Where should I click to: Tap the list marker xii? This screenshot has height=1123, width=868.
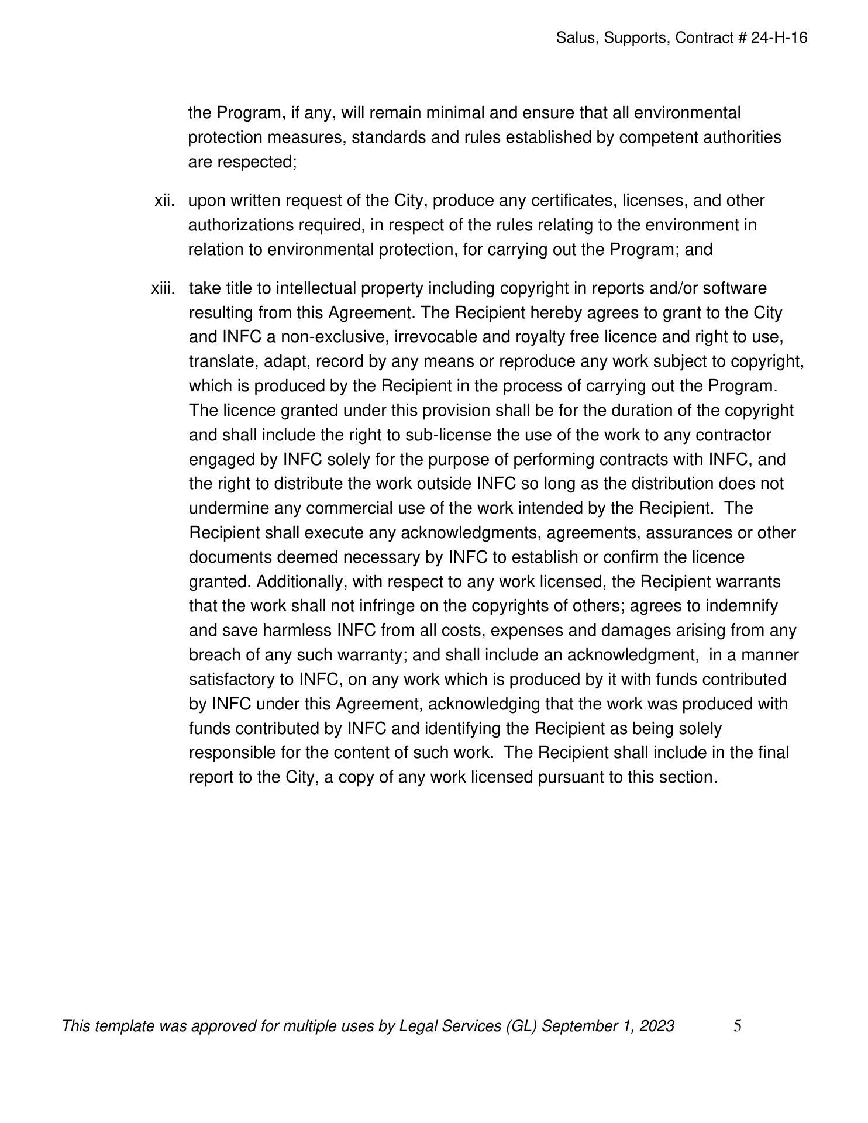(x=164, y=201)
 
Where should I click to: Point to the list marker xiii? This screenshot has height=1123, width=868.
(x=163, y=288)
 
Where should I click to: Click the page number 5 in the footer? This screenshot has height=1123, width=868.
(x=738, y=1026)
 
